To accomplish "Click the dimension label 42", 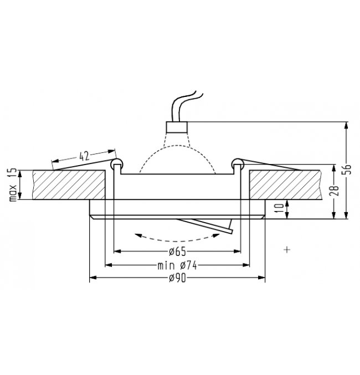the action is pyautogui.click(x=84, y=156).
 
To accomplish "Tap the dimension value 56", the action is pyautogui.click(x=348, y=169).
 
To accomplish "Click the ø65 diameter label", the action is pyautogui.click(x=177, y=251).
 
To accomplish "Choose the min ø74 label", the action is pyautogui.click(x=177, y=265).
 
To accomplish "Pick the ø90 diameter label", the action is pyautogui.click(x=177, y=278).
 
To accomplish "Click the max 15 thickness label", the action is pyautogui.click(x=13, y=184).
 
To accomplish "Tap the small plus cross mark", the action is pyautogui.click(x=287, y=250).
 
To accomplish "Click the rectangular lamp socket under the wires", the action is pyautogui.click(x=177, y=127).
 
